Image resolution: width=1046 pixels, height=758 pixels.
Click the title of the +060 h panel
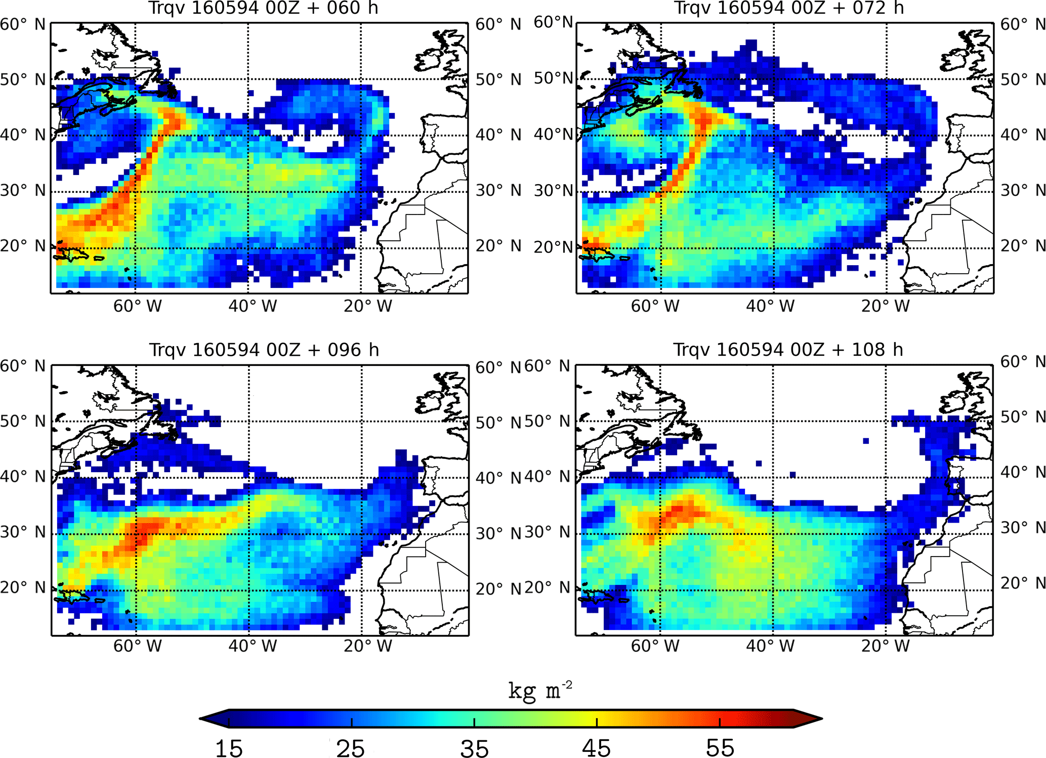(x=263, y=8)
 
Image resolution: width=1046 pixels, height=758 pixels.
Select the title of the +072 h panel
(x=788, y=8)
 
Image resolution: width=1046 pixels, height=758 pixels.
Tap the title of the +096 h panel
(x=264, y=350)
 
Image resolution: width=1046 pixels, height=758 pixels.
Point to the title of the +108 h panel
(x=788, y=350)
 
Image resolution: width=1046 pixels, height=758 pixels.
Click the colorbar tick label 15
(x=229, y=748)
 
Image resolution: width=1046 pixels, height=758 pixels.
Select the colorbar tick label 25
(x=351, y=748)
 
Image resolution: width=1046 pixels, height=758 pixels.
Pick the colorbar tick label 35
(x=474, y=748)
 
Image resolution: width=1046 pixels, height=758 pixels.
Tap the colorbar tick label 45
(x=597, y=748)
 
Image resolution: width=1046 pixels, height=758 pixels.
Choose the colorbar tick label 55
(x=720, y=748)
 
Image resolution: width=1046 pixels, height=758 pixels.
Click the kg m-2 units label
(x=540, y=690)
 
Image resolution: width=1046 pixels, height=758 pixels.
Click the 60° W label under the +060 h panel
(x=137, y=306)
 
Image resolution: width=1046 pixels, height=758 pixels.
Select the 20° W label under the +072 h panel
(x=885, y=306)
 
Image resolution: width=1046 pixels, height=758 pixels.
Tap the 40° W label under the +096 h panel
(x=253, y=646)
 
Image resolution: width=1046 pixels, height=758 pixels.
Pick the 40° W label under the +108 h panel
(x=770, y=646)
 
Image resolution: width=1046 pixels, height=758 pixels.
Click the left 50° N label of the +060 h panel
(x=23, y=79)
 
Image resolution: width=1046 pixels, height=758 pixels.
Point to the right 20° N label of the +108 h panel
(x=1023, y=583)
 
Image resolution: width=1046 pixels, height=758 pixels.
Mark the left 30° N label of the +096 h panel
(x=23, y=532)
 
